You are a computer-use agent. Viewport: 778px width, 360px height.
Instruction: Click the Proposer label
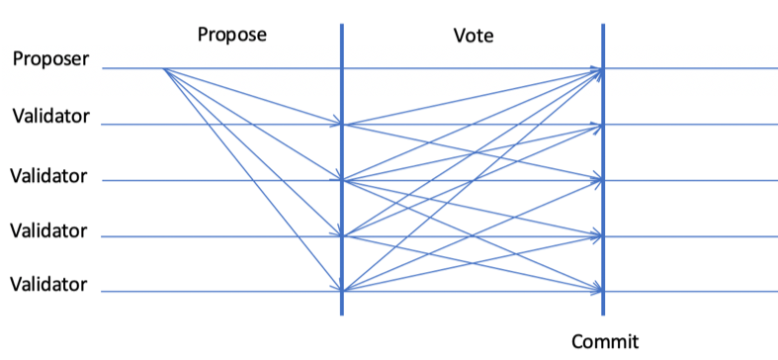click(51, 59)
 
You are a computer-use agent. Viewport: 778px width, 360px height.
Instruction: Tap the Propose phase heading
click(232, 36)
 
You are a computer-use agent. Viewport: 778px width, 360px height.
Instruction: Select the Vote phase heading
click(474, 36)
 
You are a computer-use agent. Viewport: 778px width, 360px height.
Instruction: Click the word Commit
click(605, 341)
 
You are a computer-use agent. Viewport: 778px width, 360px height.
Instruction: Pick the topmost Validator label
click(51, 116)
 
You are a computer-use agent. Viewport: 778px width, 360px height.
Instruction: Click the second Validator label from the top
click(48, 176)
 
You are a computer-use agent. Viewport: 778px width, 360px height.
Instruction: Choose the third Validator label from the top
click(48, 230)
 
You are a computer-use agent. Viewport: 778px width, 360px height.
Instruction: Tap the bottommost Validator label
click(48, 285)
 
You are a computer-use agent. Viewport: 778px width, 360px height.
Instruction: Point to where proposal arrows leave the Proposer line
click(164, 68)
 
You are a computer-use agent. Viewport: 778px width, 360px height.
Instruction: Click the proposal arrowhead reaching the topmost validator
click(337, 123)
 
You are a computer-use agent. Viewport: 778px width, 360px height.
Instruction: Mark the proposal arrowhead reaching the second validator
click(337, 178)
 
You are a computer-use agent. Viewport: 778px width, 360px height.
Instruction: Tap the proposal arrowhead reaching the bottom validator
click(337, 287)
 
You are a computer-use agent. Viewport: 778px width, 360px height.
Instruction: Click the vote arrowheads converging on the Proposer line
click(597, 71)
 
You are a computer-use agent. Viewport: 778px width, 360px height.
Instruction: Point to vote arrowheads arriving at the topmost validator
click(597, 126)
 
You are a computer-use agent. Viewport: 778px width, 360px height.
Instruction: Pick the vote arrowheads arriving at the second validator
click(597, 180)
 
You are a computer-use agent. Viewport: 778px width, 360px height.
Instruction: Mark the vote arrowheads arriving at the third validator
click(597, 236)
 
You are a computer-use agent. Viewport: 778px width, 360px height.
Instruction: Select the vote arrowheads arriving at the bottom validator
click(597, 290)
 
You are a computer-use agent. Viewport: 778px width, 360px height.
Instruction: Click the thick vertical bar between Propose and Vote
click(342, 169)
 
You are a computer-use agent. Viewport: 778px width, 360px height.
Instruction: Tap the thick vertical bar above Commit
click(603, 169)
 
